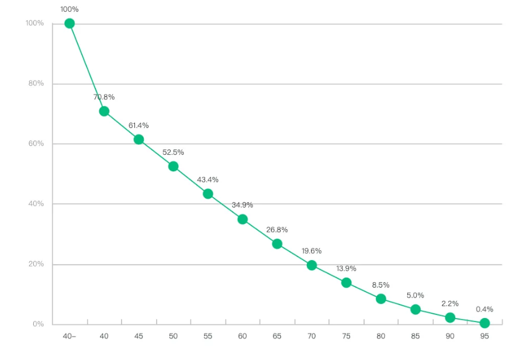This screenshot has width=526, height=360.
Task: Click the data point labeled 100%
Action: coord(70,23)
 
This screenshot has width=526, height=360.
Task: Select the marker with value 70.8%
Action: coord(104,111)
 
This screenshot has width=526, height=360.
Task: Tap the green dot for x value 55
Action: coord(208,193)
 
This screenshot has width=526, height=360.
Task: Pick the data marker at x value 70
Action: coord(312,265)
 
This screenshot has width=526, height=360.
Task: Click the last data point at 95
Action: coord(485,323)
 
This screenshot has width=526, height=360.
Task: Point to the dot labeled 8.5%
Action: coord(381,299)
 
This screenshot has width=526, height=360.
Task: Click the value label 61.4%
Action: coord(139,125)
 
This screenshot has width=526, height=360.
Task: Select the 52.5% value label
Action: coord(173,152)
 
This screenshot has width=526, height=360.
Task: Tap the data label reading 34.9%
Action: coord(243,205)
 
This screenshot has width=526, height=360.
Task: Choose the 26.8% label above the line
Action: coord(277,230)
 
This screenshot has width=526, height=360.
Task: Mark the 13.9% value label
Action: coord(346,268)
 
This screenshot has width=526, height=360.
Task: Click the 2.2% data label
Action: coord(450,303)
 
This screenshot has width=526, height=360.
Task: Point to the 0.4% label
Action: coord(485,309)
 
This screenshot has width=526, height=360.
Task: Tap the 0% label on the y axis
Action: coord(37,324)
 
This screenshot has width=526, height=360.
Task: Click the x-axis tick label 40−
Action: coord(70,337)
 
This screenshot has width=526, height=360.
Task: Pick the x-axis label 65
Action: coord(277,337)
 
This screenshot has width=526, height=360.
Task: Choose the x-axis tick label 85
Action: coord(416,337)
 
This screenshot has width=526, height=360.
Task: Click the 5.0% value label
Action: coord(416,295)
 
